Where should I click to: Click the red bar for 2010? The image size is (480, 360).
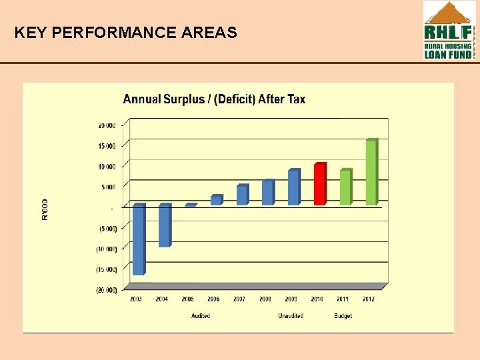tap(320, 184)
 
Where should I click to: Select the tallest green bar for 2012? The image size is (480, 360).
tap(371, 172)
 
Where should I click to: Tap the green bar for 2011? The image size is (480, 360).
tap(345, 187)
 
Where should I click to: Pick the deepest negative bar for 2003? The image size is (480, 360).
tap(139, 239)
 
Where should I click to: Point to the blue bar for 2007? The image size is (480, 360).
tap(242, 195)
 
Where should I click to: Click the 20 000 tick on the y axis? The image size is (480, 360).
tap(107, 125)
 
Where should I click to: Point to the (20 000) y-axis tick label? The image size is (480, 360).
tap(107, 290)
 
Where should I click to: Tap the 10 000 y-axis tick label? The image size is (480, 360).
tap(107, 167)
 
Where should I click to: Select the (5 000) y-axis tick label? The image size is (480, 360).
tap(107, 229)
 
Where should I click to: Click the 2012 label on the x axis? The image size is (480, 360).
tap(368, 299)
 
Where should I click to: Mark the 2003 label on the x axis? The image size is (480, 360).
tap(135, 299)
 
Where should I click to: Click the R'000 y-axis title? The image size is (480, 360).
tap(45, 208)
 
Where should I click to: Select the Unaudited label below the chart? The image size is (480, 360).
tap(291, 316)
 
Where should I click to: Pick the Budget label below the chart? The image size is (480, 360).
tap(343, 316)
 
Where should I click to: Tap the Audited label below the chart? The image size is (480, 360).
tap(200, 316)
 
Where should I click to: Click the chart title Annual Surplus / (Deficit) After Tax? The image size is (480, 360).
tap(214, 99)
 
